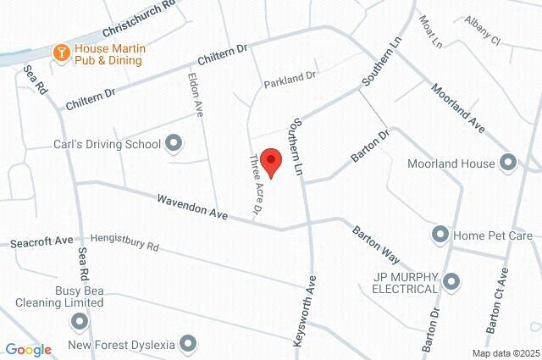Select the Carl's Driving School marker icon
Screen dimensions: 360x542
[x=174, y=144]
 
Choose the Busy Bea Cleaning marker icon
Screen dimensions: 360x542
[x=80, y=321]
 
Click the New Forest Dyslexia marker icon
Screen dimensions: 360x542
[x=188, y=344]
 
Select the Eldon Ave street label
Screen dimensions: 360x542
[x=196, y=92]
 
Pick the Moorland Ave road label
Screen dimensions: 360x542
[x=456, y=107]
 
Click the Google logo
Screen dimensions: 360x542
[x=28, y=349]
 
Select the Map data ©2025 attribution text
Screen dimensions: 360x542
[x=505, y=353]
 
